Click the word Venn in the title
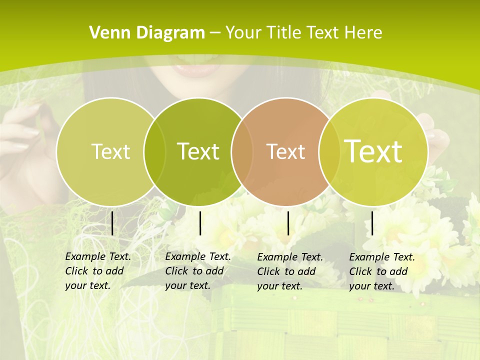106,32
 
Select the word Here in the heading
363,32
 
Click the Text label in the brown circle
286,151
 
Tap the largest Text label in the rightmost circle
373,151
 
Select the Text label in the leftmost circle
111,151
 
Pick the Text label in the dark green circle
198,151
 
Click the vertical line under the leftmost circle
112,223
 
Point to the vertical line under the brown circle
288,223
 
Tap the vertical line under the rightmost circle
372,223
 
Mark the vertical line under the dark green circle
200,223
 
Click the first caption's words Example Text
98,256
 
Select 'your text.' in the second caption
187,285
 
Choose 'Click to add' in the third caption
286,271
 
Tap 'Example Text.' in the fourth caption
382,257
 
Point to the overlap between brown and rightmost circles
327,151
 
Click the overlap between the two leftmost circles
154,151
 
